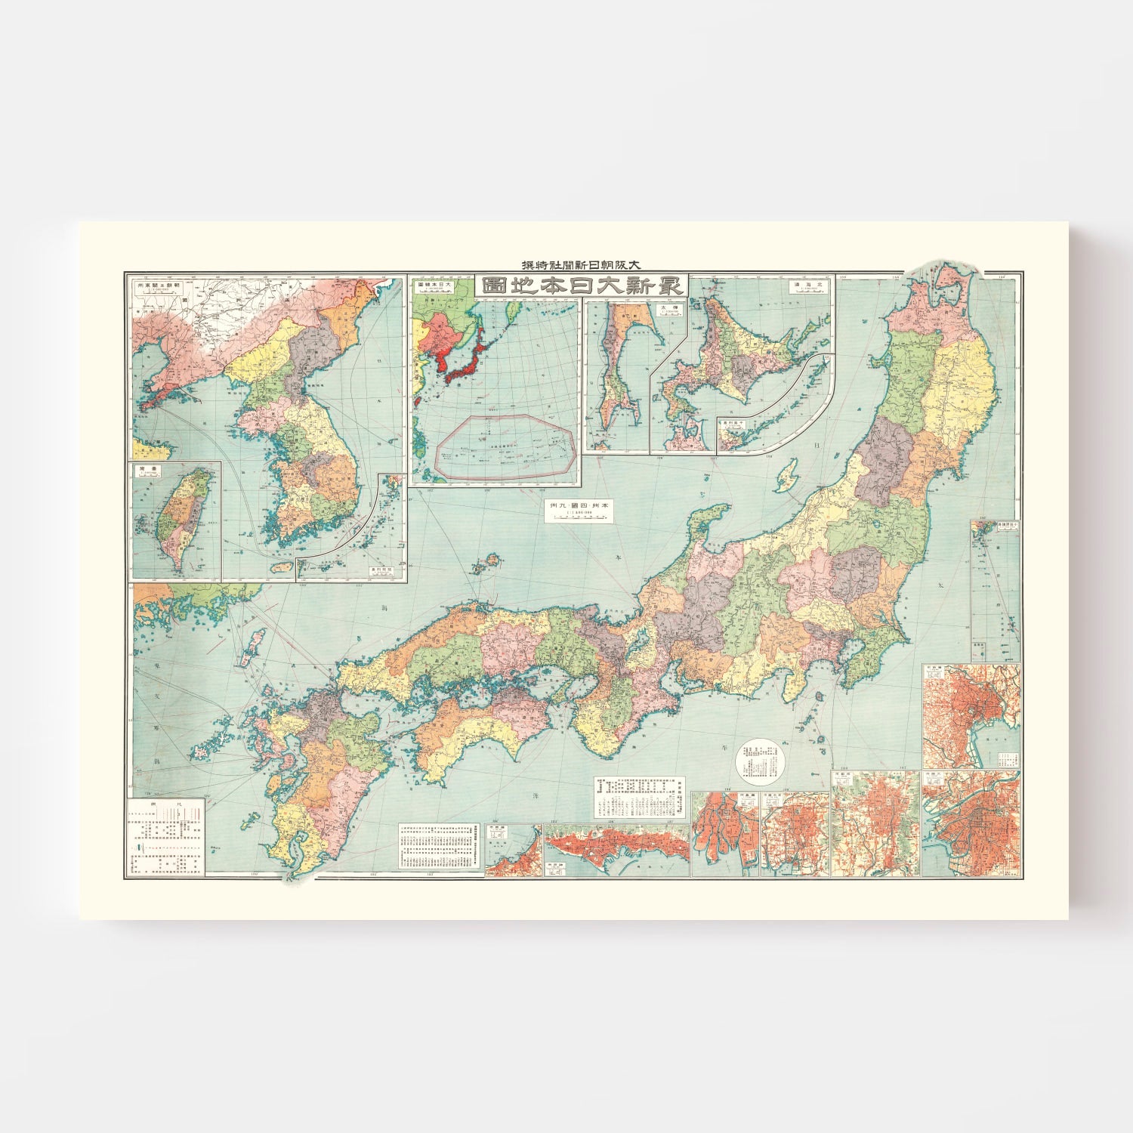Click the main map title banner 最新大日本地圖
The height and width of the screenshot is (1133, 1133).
pos(581,286)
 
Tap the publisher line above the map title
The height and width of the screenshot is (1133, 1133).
pos(581,265)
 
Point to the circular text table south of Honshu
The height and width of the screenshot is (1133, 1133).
pos(761,762)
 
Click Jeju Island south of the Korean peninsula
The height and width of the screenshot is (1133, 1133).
pos(281,566)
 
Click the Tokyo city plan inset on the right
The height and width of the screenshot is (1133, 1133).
pos(971,715)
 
